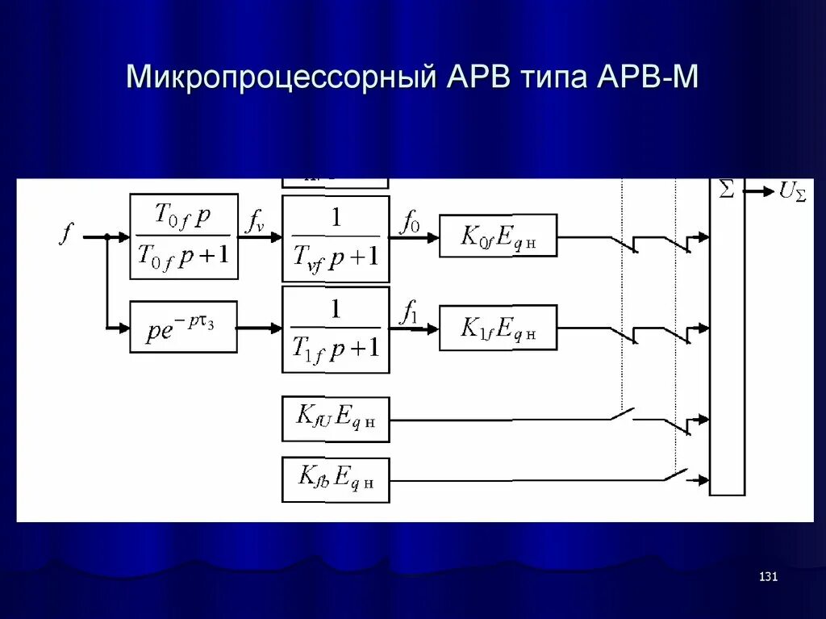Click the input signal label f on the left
(x=66, y=234)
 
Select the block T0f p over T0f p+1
(x=184, y=236)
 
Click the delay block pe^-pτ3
(x=183, y=326)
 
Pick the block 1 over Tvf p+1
(x=336, y=238)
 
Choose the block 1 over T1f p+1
(x=336, y=329)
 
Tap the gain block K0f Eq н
(x=498, y=236)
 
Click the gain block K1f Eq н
(x=498, y=327)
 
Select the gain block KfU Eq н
(x=336, y=419)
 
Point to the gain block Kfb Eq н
(x=336, y=479)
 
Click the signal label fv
(x=255, y=220)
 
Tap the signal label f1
(x=410, y=312)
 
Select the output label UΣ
(x=791, y=192)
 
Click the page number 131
(x=768, y=576)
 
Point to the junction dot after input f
(x=106, y=237)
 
